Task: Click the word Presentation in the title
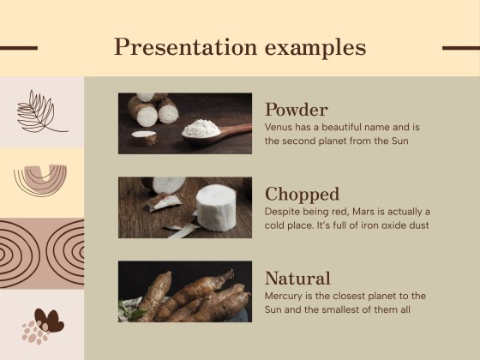(x=176, y=47)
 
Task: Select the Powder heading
(x=296, y=110)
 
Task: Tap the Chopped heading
(x=302, y=194)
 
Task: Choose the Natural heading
(x=297, y=278)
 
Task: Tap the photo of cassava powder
(x=184, y=123)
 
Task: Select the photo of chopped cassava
(x=184, y=207)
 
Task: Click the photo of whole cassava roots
(x=184, y=291)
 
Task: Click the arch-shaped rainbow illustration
(x=40, y=178)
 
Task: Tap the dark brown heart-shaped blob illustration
(x=48, y=321)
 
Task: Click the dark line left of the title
(x=18, y=48)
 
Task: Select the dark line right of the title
(x=460, y=48)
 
